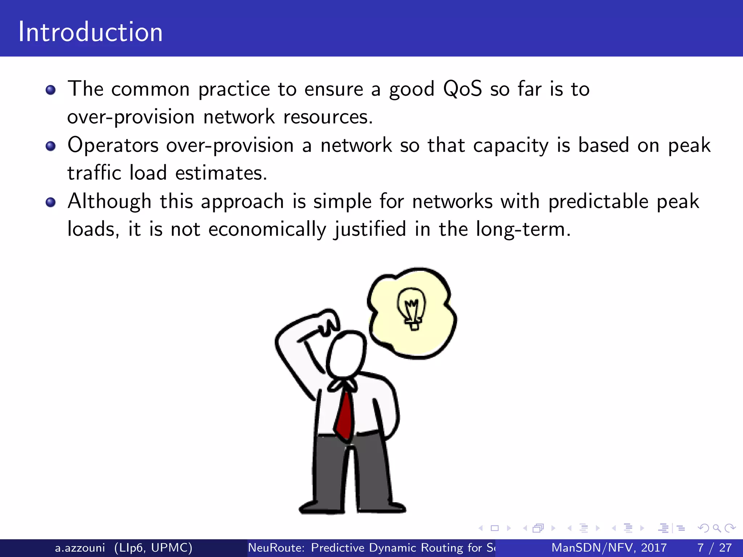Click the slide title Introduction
click(91, 32)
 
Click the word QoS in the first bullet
click(463, 89)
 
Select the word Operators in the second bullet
click(113, 145)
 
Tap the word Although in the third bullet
click(109, 201)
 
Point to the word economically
click(267, 230)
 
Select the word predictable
click(598, 201)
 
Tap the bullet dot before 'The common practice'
click(51, 90)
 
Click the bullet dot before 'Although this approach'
click(51, 202)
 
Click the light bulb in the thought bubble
click(412, 308)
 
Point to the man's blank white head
click(347, 354)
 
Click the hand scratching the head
click(328, 321)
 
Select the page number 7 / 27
click(714, 548)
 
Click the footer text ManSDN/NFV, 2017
click(609, 548)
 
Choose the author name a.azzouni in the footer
click(80, 548)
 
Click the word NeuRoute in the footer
click(276, 548)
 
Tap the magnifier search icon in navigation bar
click(717, 528)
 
